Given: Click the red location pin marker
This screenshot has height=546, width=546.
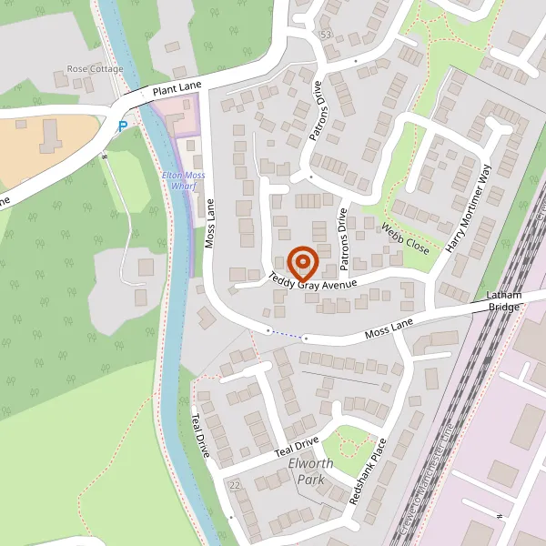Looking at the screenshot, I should click(x=302, y=262).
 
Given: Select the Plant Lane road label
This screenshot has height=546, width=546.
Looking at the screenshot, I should click(x=177, y=89).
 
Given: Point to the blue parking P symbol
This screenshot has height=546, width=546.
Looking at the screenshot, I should click(x=123, y=126).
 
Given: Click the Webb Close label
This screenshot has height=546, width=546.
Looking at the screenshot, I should click(x=405, y=238).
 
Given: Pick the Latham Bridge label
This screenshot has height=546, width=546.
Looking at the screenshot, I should click(x=503, y=302).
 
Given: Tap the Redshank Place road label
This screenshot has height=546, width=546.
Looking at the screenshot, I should click(x=369, y=471).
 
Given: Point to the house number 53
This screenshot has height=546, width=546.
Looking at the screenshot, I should click(x=326, y=35).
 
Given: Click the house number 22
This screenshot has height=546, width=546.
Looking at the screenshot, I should click(x=236, y=485).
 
